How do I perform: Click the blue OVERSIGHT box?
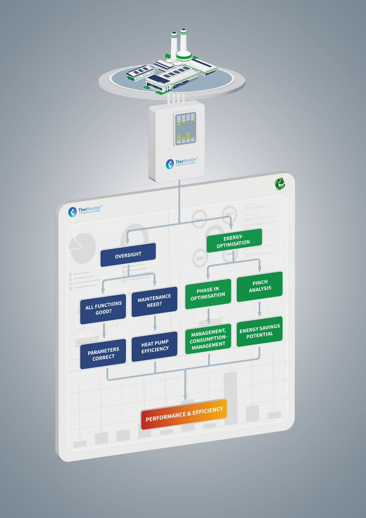128,255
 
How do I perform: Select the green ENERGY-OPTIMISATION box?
234,240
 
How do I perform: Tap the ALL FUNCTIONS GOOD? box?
103,309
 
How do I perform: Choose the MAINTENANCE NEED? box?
154,301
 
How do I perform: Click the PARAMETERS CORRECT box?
103,354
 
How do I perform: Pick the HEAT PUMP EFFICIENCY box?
154,347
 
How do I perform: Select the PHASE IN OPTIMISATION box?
208,294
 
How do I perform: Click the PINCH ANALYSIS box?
259,286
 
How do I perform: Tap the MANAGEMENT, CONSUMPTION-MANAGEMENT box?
208,339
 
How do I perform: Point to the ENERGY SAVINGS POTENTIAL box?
259,332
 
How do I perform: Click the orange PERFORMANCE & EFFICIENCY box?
184,414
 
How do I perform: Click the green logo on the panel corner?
280,184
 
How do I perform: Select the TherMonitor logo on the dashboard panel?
85,211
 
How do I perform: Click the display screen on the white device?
185,129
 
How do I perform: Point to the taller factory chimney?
183,40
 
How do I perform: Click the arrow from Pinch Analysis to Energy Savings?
259,310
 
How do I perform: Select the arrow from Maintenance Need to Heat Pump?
155,323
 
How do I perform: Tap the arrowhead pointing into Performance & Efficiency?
185,397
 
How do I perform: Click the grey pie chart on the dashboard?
82,248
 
